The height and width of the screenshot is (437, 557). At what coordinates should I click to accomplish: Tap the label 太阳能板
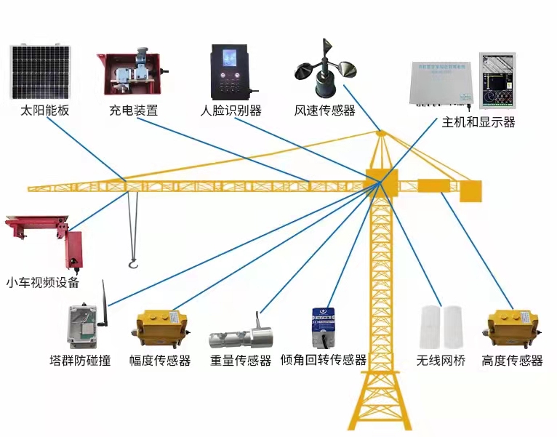coord(45,111)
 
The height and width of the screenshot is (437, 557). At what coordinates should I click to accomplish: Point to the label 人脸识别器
coord(231,111)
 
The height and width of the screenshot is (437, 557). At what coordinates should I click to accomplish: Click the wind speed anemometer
coord(324,71)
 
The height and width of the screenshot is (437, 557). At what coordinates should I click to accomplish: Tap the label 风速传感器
coord(324,111)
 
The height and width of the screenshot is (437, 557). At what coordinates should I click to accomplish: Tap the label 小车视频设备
coord(43,283)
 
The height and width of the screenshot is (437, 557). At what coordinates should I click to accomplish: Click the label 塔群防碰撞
coord(80,360)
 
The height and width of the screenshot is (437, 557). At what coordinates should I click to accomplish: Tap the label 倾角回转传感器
coord(324,360)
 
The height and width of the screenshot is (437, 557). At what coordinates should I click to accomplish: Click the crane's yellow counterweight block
coord(470,191)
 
